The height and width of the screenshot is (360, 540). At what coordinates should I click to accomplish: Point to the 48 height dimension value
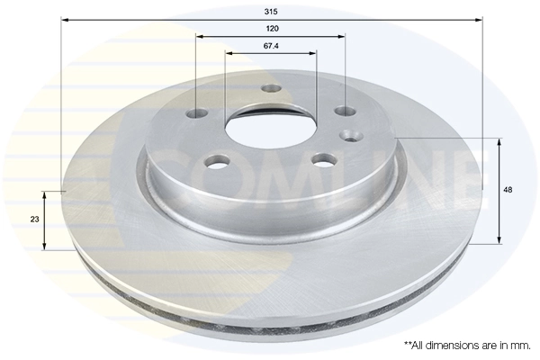pos(508,190)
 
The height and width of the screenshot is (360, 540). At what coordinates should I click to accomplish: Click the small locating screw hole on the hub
pos(349,136)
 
